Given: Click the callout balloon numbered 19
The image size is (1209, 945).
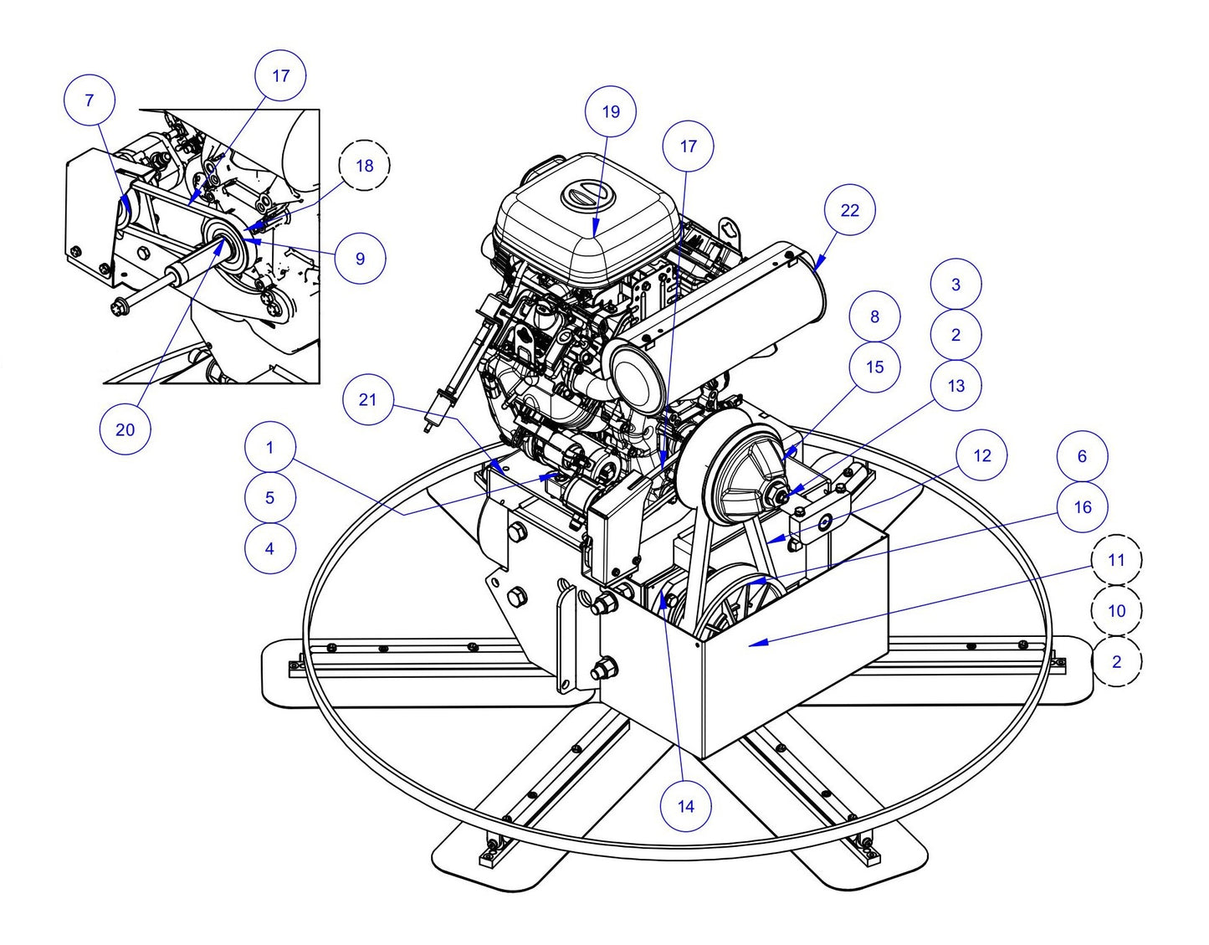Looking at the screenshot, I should pyautogui.click(x=611, y=110).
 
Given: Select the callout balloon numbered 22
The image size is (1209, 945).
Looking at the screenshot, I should pyautogui.click(x=849, y=210).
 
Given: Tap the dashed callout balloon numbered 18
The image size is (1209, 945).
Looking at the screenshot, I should pyautogui.click(x=365, y=166).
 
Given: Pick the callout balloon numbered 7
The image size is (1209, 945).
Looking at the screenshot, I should pyautogui.click(x=90, y=100).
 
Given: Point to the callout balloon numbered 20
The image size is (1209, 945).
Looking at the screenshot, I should pyautogui.click(x=125, y=429).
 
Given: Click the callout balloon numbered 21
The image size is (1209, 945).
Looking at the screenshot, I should pyautogui.click(x=368, y=399).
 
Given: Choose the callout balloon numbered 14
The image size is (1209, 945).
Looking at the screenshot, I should pyautogui.click(x=685, y=806).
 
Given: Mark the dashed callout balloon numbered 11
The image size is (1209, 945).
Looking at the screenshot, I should pyautogui.click(x=1116, y=559).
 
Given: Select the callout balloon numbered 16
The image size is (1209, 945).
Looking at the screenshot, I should pyautogui.click(x=1082, y=506).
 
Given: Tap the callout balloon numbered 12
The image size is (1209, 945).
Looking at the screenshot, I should pyautogui.click(x=982, y=455).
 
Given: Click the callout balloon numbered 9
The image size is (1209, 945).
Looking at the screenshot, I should pyautogui.click(x=360, y=258).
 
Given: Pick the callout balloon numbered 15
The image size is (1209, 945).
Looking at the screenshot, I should pyautogui.click(x=874, y=367).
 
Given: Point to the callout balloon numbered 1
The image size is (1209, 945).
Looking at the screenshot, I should pyautogui.click(x=269, y=448).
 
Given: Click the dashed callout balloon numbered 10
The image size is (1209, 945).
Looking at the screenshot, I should pyautogui.click(x=1116, y=610).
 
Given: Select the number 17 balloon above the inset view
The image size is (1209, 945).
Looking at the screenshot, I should pyautogui.click(x=280, y=75).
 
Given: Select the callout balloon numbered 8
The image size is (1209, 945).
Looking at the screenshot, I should pyautogui.click(x=874, y=316).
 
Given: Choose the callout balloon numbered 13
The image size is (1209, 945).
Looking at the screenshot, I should pyautogui.click(x=955, y=385).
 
